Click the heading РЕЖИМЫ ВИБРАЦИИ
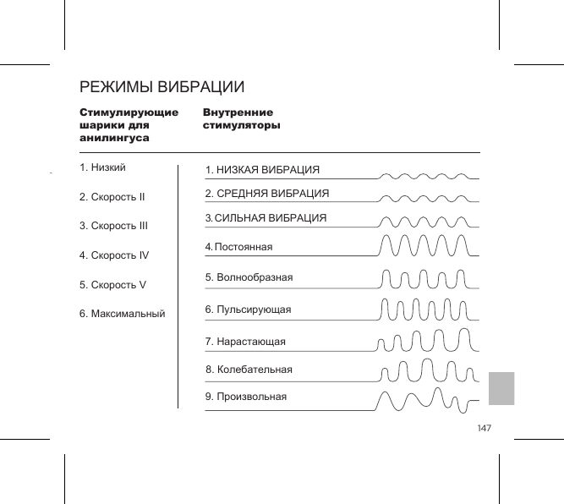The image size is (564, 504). pos(162,87)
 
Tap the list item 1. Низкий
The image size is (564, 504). pos(102,167)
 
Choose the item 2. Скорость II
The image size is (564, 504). pos(112,197)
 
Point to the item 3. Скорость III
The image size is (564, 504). pos(113,226)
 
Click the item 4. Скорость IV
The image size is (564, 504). pos(114,255)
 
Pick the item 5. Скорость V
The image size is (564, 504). pos(112,284)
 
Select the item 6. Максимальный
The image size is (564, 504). pos(122,314)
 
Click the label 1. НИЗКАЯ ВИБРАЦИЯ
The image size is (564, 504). pos(263,170)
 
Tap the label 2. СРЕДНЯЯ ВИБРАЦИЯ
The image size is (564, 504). pos(267,194)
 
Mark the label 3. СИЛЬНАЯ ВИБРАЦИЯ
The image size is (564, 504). pos(266,218)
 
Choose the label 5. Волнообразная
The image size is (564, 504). pos(249,277)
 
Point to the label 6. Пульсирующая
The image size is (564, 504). pos(248,310)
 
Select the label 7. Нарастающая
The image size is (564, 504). pos(245,342)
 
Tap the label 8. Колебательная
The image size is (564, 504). pos(249,370)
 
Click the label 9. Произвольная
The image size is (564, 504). pos(246,396)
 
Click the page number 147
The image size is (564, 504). pos(484,429)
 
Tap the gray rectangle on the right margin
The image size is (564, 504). pos(502,387)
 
